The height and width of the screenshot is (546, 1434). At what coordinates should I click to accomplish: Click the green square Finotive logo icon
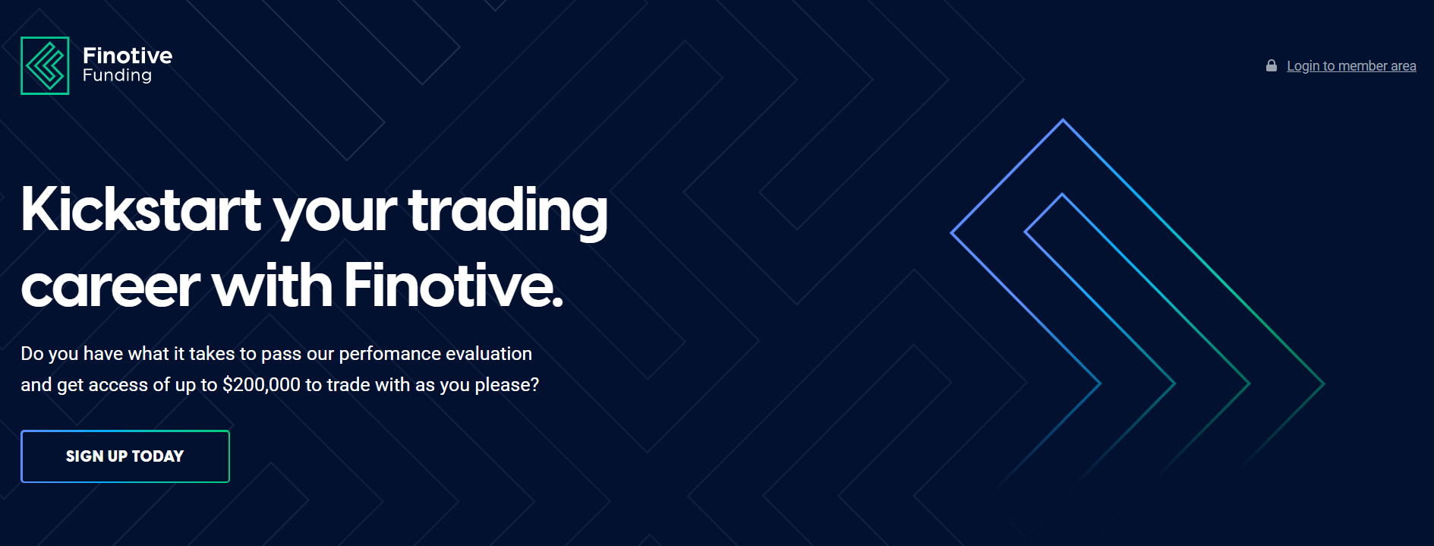tap(45, 65)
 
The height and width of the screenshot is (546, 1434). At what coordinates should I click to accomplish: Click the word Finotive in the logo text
tap(128, 55)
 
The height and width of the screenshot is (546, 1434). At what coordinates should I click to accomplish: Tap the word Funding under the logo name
tap(117, 75)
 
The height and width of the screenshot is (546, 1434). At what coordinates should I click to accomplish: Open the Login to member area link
tap(1351, 66)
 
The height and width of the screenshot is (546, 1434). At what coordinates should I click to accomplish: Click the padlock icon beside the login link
tap(1272, 66)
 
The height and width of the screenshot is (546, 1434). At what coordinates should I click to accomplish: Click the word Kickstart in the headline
tap(141, 210)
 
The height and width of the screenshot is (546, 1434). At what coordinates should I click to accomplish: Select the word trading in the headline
tap(508, 213)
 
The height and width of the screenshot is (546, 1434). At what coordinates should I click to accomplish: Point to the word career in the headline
tap(110, 288)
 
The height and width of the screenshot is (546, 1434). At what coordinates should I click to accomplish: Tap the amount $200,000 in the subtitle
tap(261, 385)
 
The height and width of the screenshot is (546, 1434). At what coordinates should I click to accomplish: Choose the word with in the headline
tap(273, 286)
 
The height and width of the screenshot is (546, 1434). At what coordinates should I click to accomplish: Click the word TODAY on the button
tap(158, 456)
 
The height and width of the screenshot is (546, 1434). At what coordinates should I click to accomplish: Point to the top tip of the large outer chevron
tap(1063, 120)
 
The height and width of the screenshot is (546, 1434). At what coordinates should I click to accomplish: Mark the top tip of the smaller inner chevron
tap(1062, 195)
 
